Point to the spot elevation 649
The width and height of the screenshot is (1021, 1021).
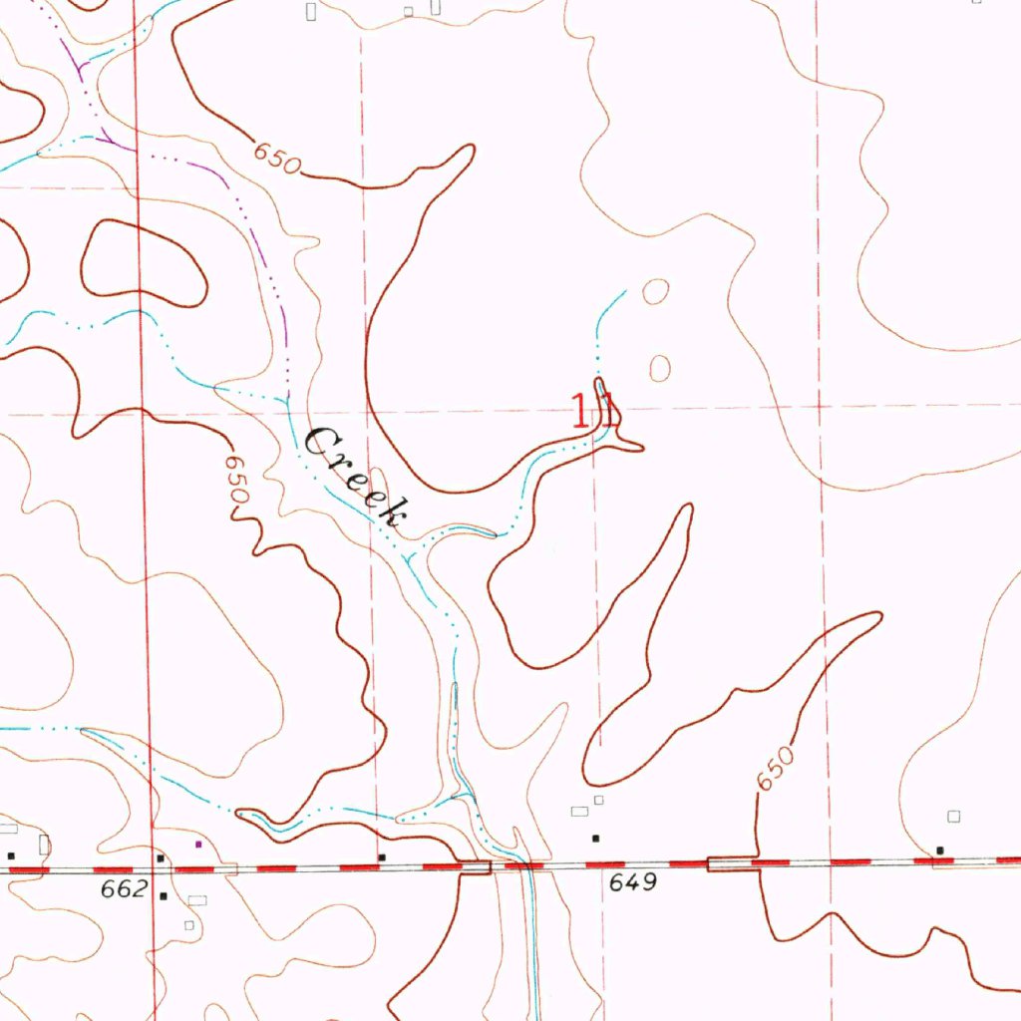point(631,882)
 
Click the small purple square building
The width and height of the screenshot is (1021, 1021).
point(197,845)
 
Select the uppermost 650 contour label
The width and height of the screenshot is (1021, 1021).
point(275,159)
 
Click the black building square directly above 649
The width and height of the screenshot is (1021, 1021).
point(596,838)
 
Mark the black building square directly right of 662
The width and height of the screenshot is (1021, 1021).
point(162,895)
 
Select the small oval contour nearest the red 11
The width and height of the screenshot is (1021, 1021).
point(659,367)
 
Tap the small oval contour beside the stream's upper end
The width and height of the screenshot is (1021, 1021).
point(655,292)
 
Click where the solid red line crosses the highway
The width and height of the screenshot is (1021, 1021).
point(152,869)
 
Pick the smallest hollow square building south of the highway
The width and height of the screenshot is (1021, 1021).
point(188,925)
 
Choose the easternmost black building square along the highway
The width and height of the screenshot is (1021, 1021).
point(940,851)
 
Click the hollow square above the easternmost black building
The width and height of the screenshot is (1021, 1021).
point(954,817)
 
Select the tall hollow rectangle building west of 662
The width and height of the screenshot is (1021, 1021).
point(45,846)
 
